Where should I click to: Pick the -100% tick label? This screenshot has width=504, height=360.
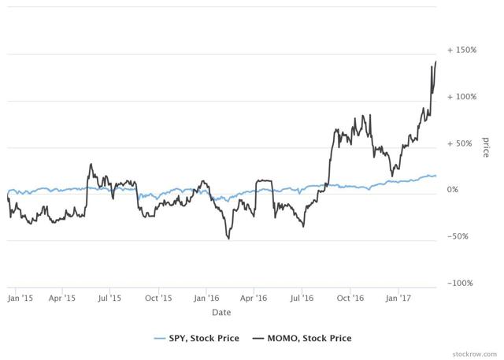461,284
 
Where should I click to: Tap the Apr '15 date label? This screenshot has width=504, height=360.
62,299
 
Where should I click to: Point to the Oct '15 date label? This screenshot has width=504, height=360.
159,299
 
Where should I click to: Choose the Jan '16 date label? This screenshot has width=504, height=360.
207,299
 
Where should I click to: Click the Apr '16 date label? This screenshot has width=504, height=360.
254,299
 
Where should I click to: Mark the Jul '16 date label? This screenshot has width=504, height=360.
302,299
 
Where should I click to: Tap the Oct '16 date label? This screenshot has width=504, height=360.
350,299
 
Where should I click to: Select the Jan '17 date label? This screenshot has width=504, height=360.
398,299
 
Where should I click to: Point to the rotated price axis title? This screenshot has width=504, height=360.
486,147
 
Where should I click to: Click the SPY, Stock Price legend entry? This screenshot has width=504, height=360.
196,339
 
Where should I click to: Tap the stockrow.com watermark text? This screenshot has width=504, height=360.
470,352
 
